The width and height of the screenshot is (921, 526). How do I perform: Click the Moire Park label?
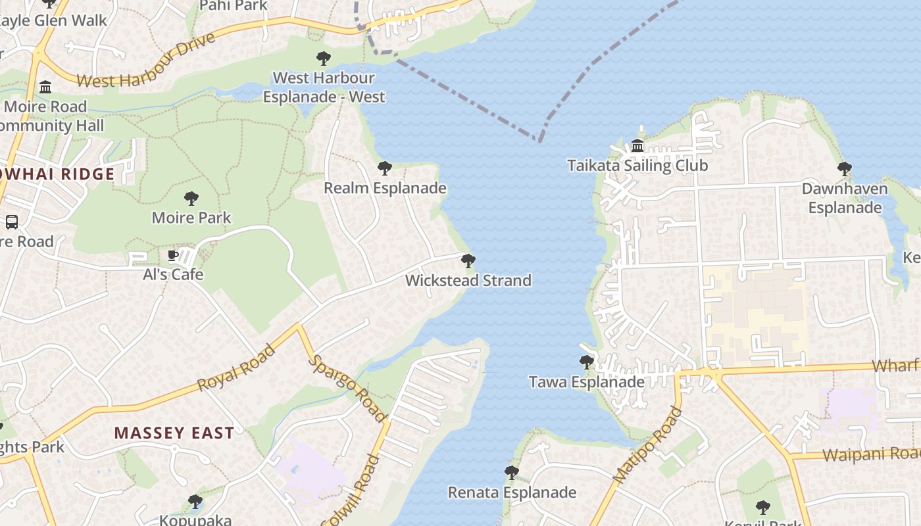[x=191, y=218]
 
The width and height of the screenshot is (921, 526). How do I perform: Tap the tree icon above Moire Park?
[x=191, y=198]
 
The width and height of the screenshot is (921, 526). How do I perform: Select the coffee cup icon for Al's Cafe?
[x=173, y=255]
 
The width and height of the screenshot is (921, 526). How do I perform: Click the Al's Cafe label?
[x=173, y=274]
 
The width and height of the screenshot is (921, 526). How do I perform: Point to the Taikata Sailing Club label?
[x=637, y=165]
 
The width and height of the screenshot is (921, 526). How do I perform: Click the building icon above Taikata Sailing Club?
[x=637, y=145]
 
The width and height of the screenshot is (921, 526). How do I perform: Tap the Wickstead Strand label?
[x=468, y=281]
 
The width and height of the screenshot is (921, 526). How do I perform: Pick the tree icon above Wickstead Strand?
[x=468, y=261]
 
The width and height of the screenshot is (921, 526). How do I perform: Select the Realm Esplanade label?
[x=385, y=188]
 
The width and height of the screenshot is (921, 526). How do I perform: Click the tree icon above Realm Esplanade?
[x=385, y=168]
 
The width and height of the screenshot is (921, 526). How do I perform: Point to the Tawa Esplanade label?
[x=587, y=382]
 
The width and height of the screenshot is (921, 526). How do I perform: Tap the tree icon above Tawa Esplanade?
[x=587, y=362]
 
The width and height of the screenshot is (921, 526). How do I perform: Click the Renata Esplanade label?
[x=512, y=492]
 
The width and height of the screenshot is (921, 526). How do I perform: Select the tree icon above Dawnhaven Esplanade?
[x=845, y=169]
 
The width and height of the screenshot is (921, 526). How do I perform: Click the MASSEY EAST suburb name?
[x=174, y=433]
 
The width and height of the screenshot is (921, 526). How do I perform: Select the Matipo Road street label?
[x=647, y=446]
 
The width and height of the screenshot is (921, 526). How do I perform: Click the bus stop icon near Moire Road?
[x=12, y=222]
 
